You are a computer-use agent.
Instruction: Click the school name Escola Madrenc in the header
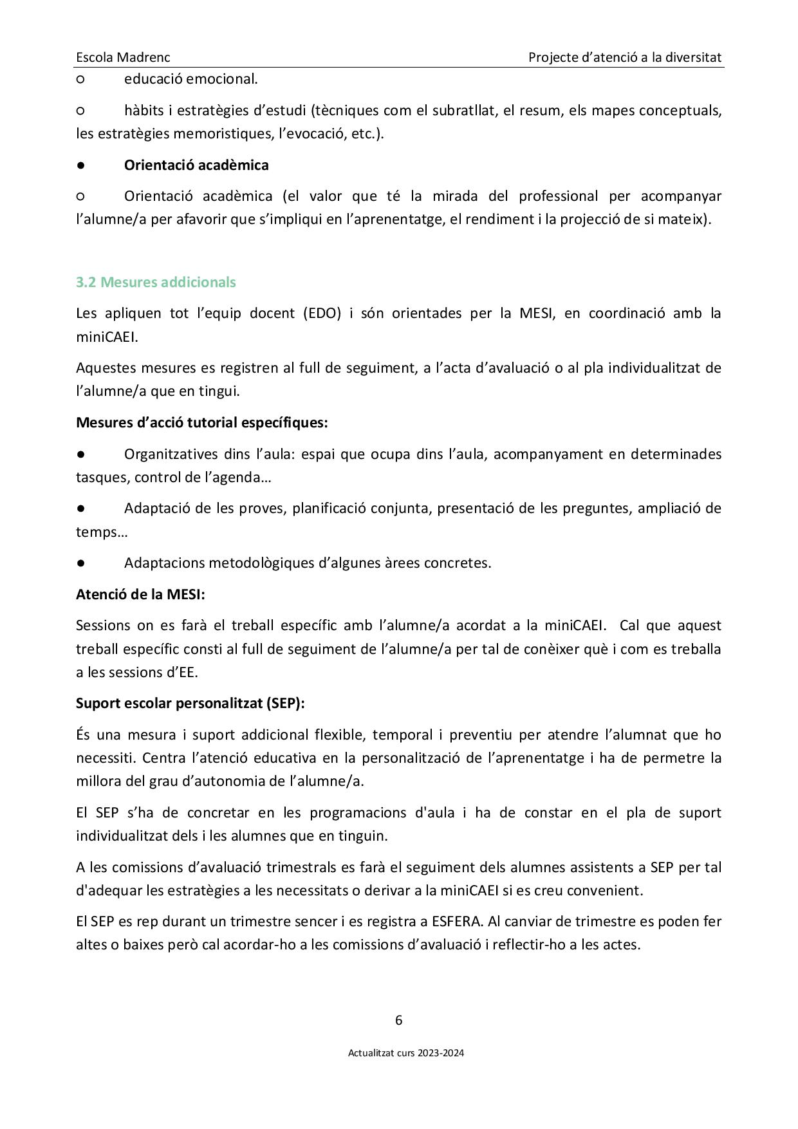(x=123, y=57)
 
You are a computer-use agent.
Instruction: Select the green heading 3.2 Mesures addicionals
(x=156, y=282)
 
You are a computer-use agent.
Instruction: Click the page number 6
(x=399, y=1020)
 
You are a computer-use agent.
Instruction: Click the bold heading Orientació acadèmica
(x=196, y=165)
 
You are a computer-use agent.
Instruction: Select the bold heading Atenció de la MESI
(x=140, y=594)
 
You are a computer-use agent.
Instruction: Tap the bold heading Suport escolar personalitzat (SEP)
(x=190, y=703)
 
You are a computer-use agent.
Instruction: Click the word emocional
(x=221, y=79)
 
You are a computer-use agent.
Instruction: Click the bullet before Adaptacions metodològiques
(x=81, y=563)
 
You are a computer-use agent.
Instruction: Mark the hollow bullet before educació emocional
(x=81, y=79)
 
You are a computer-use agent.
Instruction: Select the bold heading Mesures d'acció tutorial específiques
(x=201, y=422)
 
